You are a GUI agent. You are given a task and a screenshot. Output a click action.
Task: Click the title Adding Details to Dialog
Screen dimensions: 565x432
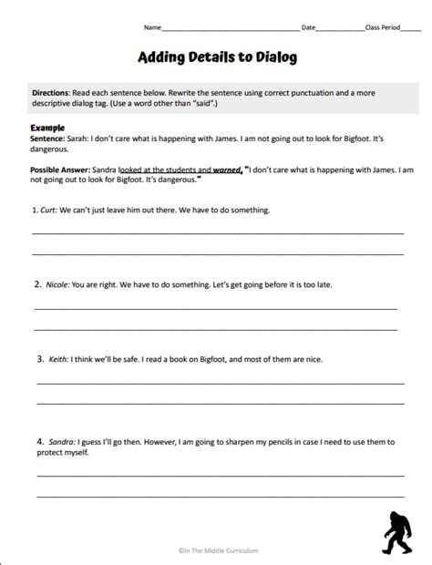coord(216,57)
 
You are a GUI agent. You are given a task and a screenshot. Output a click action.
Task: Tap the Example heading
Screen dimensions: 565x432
coord(46,127)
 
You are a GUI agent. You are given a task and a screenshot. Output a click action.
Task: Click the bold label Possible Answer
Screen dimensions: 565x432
coord(61,169)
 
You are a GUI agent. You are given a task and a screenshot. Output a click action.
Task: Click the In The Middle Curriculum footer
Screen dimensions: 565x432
coord(216,549)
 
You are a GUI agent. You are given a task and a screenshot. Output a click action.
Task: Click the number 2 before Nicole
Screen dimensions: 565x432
coord(37,284)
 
